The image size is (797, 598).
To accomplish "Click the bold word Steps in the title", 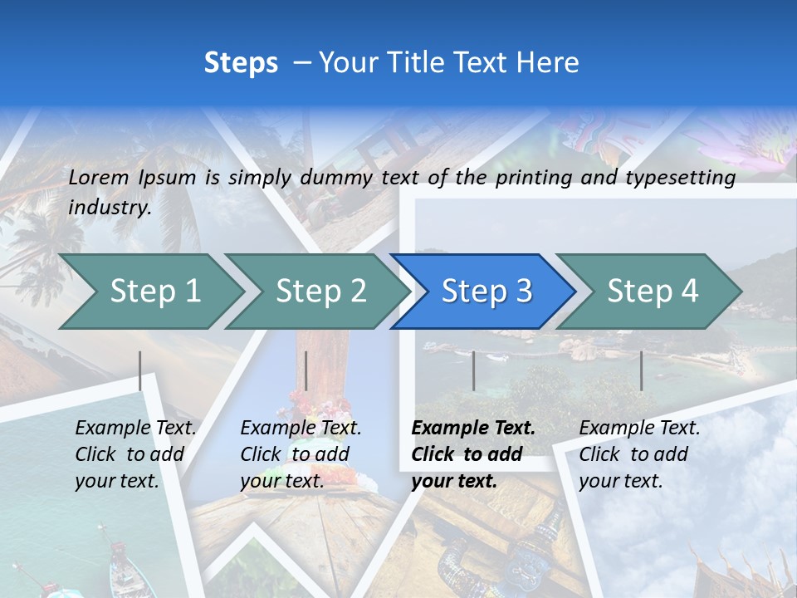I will coord(241,63).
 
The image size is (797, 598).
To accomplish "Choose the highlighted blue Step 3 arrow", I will coord(487,292).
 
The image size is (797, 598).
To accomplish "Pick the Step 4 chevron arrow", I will coord(653,292).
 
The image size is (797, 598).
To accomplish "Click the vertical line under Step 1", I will coord(140,370).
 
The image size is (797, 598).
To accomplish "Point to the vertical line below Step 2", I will coord(306,370).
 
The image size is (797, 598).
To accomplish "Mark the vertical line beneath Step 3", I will coord(473,370).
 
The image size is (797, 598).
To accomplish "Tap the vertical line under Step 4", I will coord(641,370).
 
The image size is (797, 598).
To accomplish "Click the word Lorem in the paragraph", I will coord(99,177).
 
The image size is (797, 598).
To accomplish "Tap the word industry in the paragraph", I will coord(110,208).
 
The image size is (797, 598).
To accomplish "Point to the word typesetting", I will coord(680,178).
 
